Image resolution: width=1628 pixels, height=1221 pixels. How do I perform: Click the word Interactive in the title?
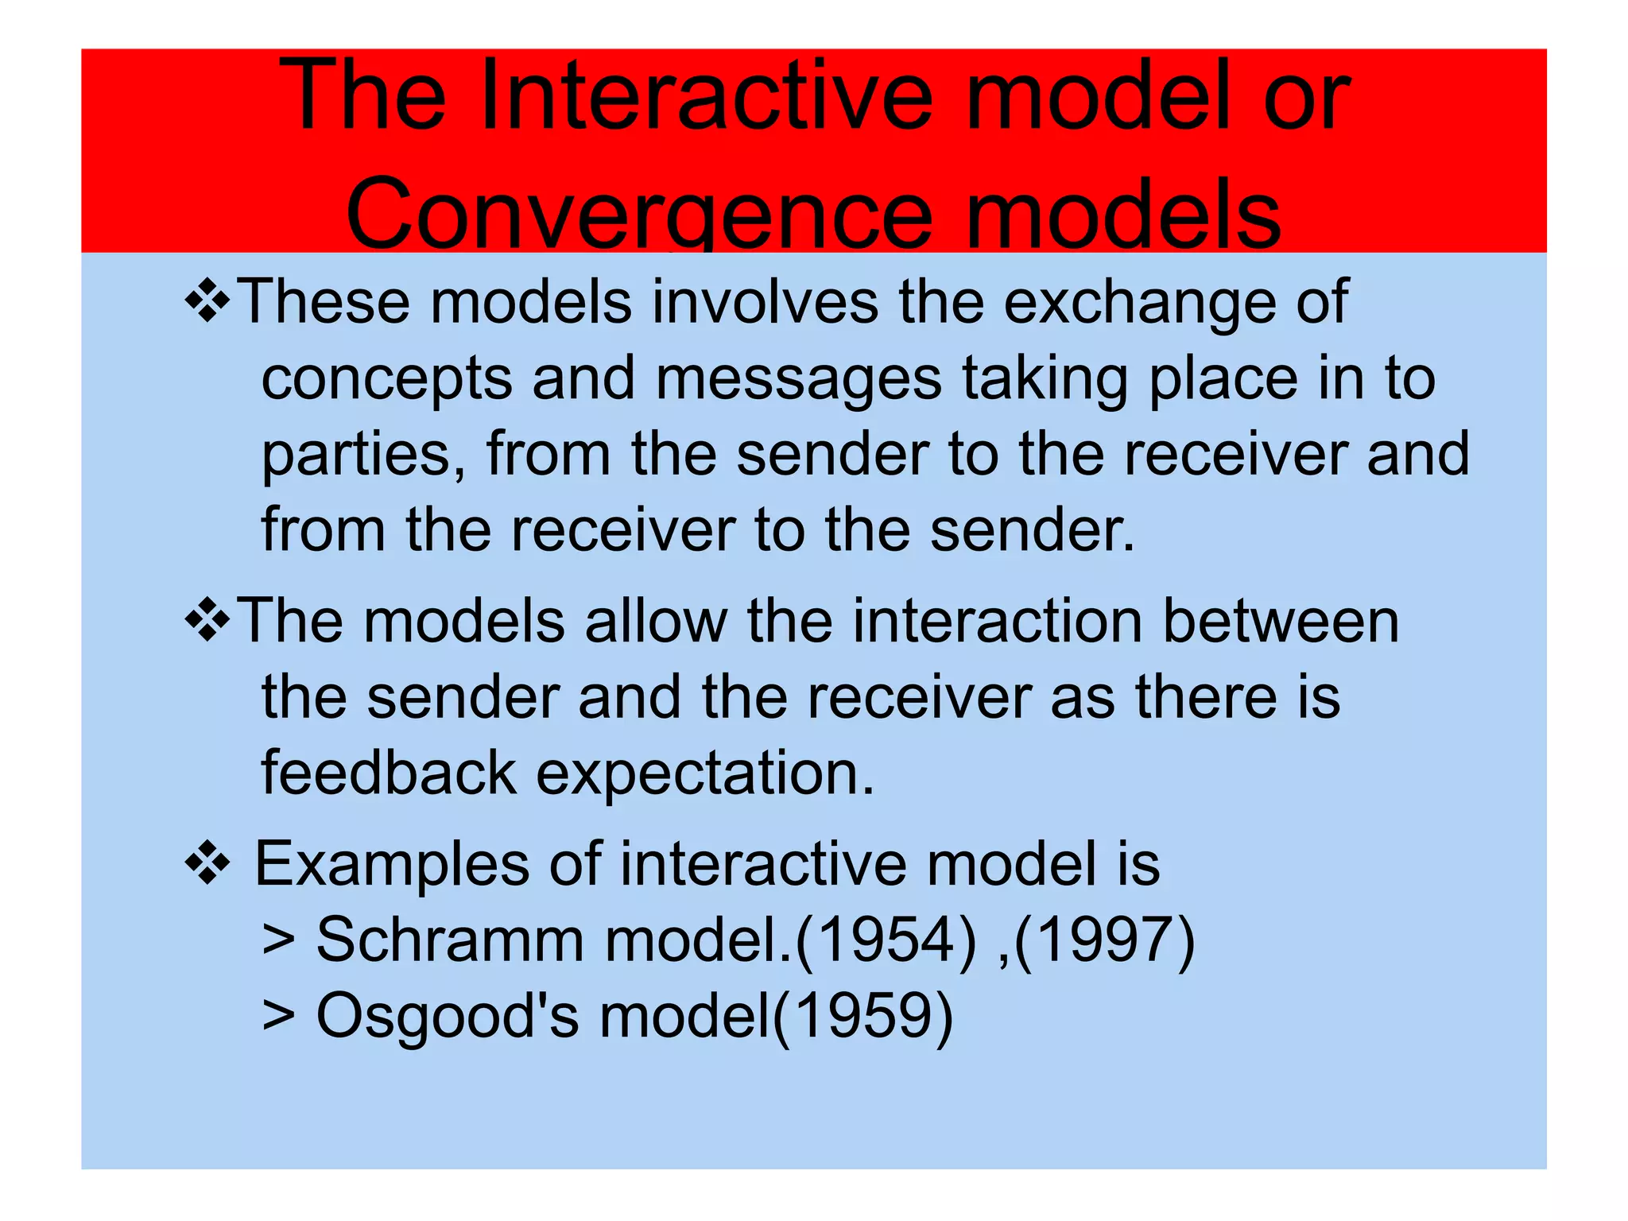click(706, 97)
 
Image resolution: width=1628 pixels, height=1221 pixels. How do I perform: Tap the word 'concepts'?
click(386, 379)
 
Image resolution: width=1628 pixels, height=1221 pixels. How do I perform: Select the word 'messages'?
click(798, 379)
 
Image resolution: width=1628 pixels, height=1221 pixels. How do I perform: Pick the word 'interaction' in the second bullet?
click(998, 621)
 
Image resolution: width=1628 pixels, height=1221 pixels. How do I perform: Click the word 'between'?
click(1281, 621)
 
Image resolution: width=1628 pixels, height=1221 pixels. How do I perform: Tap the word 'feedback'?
click(389, 773)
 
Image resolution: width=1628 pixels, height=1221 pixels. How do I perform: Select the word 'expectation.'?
click(705, 773)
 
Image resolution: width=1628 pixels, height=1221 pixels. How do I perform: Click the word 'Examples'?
click(392, 865)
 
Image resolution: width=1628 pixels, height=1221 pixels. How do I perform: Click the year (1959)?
click(862, 1017)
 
